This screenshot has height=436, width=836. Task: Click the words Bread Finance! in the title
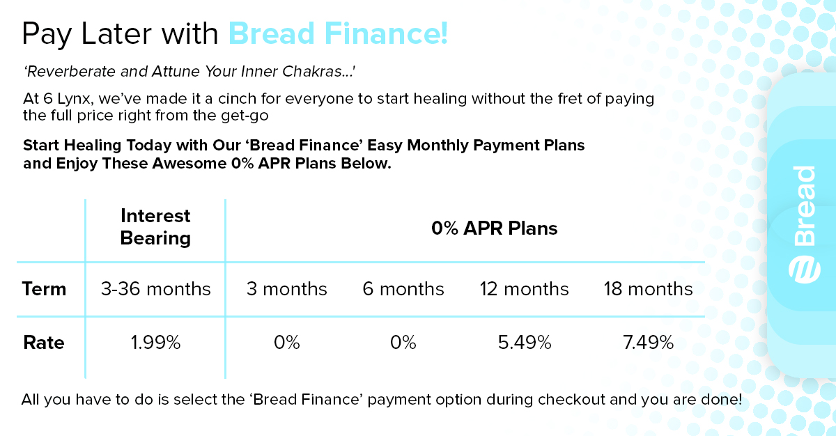(x=338, y=33)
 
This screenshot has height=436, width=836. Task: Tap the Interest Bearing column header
(x=155, y=227)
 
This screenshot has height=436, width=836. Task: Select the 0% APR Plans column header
(x=494, y=228)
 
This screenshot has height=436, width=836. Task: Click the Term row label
(x=44, y=289)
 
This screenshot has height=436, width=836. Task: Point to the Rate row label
(x=43, y=343)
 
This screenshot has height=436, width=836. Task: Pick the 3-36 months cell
(x=155, y=289)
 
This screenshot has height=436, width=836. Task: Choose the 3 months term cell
(x=286, y=289)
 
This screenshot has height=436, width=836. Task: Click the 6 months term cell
(x=403, y=289)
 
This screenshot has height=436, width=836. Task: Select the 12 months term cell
(x=524, y=289)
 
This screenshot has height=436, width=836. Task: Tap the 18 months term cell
(x=648, y=289)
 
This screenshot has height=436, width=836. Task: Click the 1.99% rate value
(x=155, y=343)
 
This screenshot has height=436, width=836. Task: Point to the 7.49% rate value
(x=648, y=343)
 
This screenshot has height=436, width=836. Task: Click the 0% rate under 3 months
(x=286, y=343)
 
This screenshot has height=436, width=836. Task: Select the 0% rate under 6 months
(x=403, y=343)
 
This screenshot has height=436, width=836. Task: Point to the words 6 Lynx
(x=67, y=98)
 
